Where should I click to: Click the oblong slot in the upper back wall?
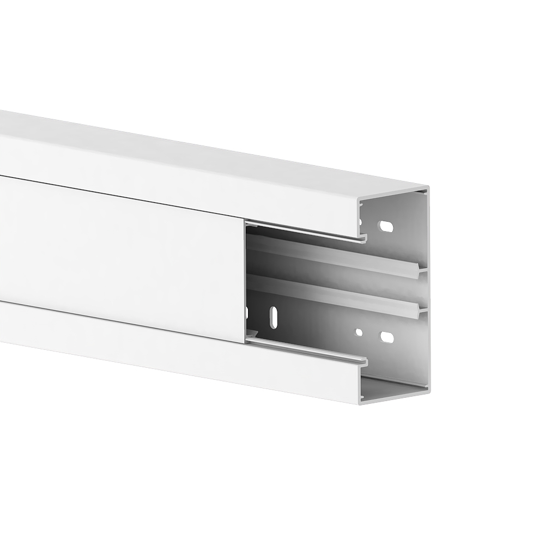[x=386, y=226]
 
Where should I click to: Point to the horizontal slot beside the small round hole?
[x=386, y=337]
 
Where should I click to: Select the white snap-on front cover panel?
[x=120, y=256]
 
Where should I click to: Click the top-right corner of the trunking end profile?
[x=427, y=188]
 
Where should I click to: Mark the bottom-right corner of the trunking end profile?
[x=427, y=389]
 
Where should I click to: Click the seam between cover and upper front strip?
[x=120, y=196]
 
